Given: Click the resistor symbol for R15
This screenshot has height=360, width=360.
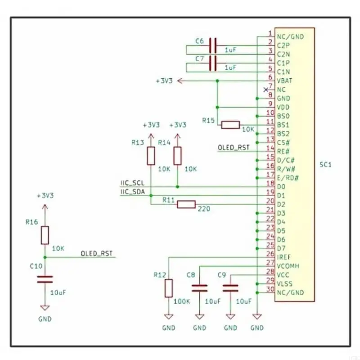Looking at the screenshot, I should click(x=230, y=125).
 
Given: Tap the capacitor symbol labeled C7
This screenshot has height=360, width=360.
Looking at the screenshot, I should click(x=213, y=63).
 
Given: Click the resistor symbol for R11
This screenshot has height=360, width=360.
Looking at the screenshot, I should click(x=186, y=205).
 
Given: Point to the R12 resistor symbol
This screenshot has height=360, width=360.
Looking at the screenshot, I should click(x=168, y=288).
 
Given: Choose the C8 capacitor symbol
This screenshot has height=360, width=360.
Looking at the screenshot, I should click(x=199, y=288).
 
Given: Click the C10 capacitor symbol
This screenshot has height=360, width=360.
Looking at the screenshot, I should click(x=44, y=279).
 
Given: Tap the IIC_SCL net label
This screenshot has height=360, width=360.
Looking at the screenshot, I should click(x=132, y=184).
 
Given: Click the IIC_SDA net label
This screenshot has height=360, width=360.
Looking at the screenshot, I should click(x=132, y=192).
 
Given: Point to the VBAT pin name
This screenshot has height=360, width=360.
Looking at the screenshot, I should click(x=285, y=81).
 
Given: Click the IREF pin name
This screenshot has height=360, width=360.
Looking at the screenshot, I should click(x=284, y=257).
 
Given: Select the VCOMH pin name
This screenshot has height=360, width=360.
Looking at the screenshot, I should click(x=288, y=266).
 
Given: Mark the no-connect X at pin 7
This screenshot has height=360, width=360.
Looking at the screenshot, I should click(x=265, y=90).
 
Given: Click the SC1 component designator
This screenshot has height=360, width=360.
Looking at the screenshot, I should click(x=325, y=165).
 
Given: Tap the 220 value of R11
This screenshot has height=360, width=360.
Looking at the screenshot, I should click(x=204, y=209).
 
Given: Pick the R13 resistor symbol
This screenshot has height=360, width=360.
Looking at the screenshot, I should click(x=151, y=156).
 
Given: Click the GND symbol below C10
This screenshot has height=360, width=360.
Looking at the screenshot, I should click(x=44, y=309).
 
